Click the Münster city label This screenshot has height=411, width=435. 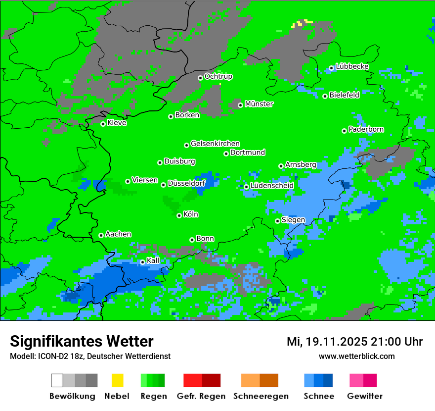click(x=259, y=104)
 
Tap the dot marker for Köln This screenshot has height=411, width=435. click(x=179, y=215)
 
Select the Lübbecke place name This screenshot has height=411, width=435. click(x=352, y=66)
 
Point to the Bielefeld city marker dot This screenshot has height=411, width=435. click(x=325, y=96)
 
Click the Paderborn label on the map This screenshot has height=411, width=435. click(x=366, y=129)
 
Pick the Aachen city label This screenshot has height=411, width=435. click(x=118, y=234)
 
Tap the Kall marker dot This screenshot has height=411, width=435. click(x=142, y=262)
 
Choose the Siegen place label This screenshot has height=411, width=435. click(x=293, y=220)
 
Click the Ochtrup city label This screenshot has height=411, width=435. click(x=218, y=76)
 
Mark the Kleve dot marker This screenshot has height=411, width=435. click(x=103, y=124)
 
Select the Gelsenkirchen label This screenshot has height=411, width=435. click(x=215, y=144)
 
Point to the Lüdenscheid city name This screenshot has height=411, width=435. click(x=272, y=185)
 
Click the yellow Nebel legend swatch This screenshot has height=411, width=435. click(x=117, y=380)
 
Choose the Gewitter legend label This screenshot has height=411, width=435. click(x=365, y=396)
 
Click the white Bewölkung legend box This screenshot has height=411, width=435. click(x=57, y=380)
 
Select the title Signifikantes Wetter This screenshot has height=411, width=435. click(x=82, y=342)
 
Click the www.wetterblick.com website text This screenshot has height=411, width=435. click(x=356, y=356)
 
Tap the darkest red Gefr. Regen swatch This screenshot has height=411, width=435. click(x=211, y=380)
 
